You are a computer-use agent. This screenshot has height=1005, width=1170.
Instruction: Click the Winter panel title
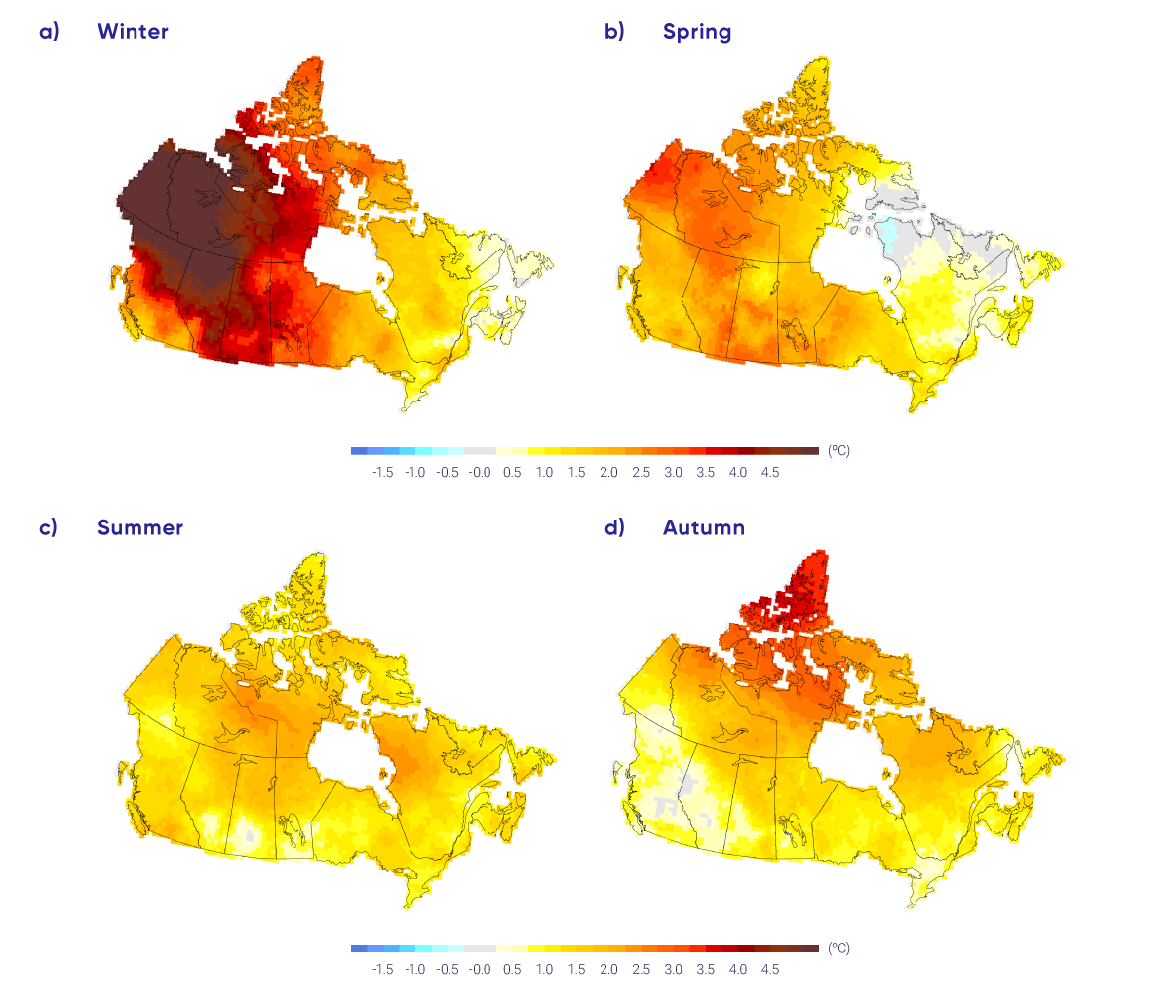[133, 32]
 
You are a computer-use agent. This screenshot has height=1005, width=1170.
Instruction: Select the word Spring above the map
[696, 32]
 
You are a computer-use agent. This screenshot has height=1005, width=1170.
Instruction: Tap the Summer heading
[139, 528]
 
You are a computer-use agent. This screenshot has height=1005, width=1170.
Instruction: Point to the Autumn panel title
[703, 528]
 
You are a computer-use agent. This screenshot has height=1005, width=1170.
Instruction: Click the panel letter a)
[49, 32]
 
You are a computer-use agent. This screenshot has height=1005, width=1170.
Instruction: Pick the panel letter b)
[614, 32]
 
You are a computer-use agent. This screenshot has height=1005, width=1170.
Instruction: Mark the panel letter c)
[49, 528]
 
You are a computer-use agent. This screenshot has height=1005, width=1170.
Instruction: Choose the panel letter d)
[614, 528]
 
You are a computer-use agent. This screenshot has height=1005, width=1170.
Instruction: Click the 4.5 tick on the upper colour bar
[770, 473]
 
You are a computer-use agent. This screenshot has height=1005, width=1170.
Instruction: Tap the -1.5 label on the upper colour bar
[382, 473]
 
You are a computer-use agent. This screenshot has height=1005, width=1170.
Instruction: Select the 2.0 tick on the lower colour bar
[608, 970]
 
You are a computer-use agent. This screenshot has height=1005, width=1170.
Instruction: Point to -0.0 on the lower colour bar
[479, 970]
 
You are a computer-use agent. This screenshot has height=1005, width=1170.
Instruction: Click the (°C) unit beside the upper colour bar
[838, 451]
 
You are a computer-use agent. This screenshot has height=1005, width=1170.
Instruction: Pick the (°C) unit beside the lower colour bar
[838, 948]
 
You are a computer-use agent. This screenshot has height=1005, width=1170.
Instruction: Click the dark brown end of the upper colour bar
[809, 451]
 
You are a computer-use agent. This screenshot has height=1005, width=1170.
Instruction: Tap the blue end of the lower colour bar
[360, 948]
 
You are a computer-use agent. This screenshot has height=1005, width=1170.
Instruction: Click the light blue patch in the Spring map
[890, 234]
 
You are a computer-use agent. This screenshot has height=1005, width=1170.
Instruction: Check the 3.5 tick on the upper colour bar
[705, 473]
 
